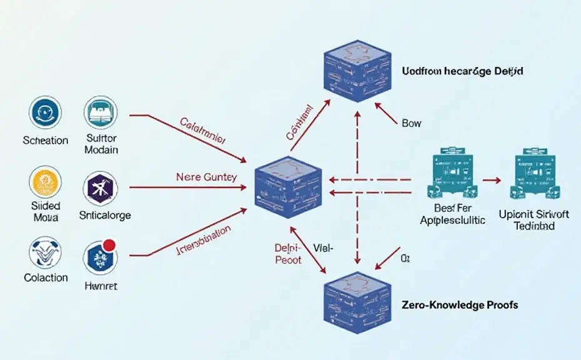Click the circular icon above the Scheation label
(45, 113)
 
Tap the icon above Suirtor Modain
(101, 113)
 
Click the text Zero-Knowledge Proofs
(460, 305)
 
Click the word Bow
(412, 124)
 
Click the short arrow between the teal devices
(492, 181)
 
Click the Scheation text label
(45, 140)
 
